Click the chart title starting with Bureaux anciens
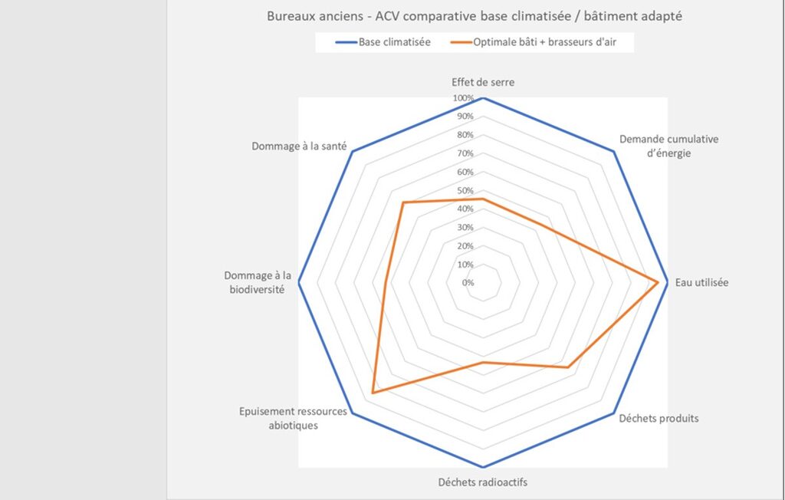tap(474, 15)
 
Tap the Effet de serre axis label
tap(483, 82)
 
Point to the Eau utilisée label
tap(701, 282)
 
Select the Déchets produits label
tap(659, 419)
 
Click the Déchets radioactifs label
tap(483, 482)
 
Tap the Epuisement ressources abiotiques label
tap(292, 418)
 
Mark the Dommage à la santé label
tap(299, 146)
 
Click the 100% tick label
tap(463, 98)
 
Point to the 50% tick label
tap(465, 190)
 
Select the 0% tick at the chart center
tap(468, 282)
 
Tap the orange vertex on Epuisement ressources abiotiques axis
tap(373, 393)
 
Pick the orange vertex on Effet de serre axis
tap(483, 199)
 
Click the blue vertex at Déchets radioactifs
tap(483, 467)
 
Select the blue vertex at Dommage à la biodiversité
tap(298, 282)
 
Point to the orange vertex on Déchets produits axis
tap(568, 367)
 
